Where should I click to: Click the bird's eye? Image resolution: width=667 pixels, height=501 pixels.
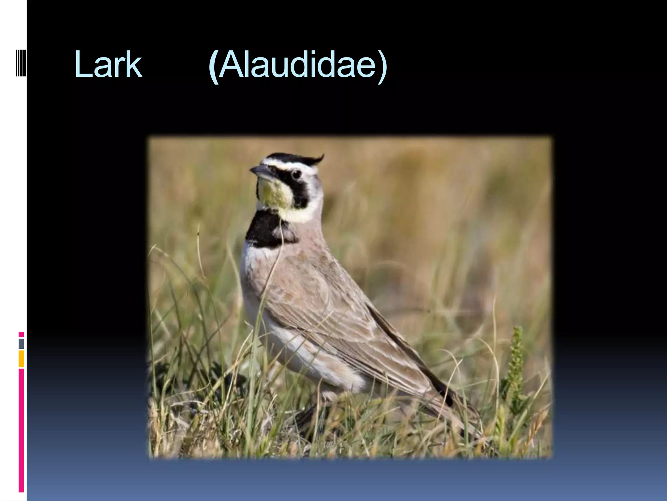[x=296, y=174]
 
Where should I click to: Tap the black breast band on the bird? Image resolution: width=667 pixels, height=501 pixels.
[x=267, y=230]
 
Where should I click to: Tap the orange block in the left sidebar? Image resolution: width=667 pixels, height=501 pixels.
[x=21, y=359]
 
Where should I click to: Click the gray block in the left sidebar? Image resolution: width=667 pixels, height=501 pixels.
[x=21, y=343]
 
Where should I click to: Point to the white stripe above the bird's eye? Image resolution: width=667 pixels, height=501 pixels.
[x=287, y=164]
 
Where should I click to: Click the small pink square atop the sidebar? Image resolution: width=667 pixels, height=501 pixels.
[x=21, y=335]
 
